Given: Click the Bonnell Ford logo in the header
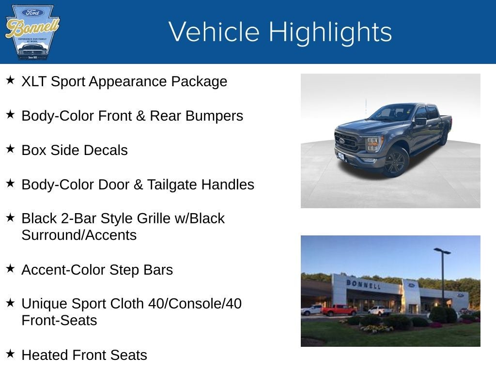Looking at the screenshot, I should click(x=32, y=32).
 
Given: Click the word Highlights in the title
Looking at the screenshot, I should click(x=330, y=32).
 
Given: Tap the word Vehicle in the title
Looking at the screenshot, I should click(x=214, y=32).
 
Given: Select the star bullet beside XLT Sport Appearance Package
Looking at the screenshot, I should click(x=10, y=80).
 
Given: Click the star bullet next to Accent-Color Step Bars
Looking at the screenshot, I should click(x=10, y=268).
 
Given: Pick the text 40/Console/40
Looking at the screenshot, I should click(x=197, y=304).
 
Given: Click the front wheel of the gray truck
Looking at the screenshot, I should click(x=396, y=162).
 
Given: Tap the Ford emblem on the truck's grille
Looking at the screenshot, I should click(x=342, y=140).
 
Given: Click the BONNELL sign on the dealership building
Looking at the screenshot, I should click(x=363, y=284).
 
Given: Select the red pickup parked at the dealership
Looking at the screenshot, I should click(x=339, y=310).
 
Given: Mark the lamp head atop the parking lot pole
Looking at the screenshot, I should click(x=442, y=251).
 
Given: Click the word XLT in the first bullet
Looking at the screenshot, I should click(x=34, y=81).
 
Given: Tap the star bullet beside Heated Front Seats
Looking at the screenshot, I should click(x=10, y=354).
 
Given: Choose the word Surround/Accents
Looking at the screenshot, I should click(x=79, y=235).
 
